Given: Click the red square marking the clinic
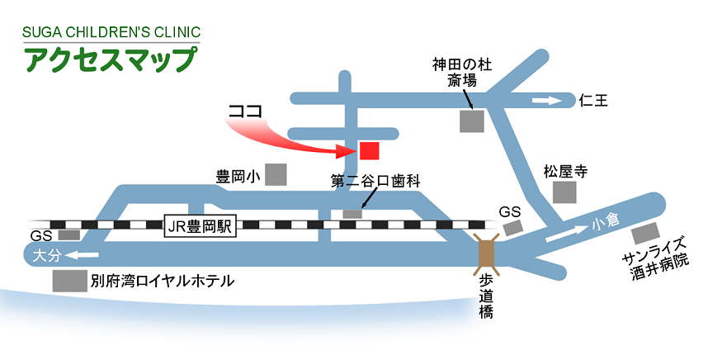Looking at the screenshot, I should [x=369, y=150].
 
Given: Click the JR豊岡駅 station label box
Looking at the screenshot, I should [x=201, y=224].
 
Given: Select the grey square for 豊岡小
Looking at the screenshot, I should [x=276, y=175].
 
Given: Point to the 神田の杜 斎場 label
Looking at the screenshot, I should [x=462, y=73].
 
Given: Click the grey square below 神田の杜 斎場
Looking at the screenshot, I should [x=472, y=121].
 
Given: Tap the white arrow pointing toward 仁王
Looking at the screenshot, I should [x=545, y=101].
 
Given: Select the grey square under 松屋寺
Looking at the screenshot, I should [x=565, y=193].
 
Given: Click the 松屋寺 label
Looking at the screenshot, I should [x=564, y=172].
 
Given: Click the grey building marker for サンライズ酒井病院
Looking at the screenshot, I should [x=646, y=232].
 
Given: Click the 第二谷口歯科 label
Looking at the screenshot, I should [x=375, y=182].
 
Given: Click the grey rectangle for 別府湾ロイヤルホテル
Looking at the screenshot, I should [x=69, y=281].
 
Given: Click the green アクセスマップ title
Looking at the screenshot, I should [x=111, y=60].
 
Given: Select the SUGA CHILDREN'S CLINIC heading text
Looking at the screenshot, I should [x=111, y=33].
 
